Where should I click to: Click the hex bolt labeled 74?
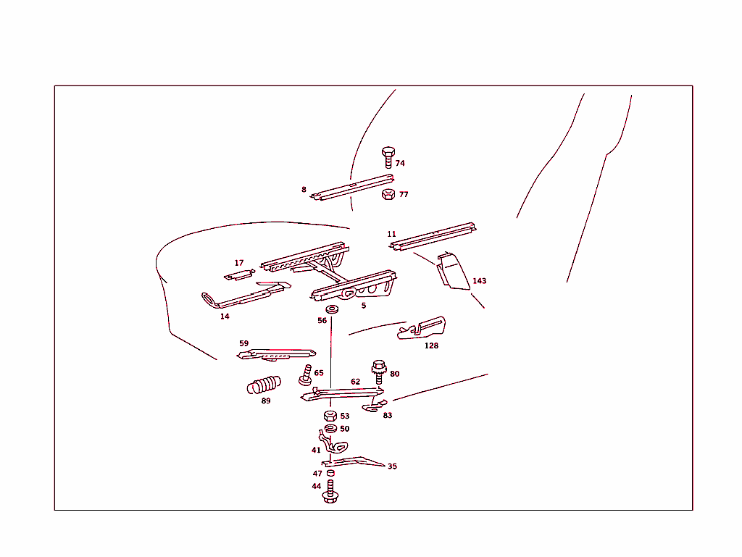point(388,157)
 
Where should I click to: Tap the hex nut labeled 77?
point(388,194)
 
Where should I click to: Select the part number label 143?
point(479,281)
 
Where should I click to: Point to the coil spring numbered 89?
point(264,385)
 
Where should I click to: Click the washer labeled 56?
point(332,310)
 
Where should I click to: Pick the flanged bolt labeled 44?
point(330,492)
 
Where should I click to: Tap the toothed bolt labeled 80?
point(379,372)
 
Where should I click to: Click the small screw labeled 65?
point(306,374)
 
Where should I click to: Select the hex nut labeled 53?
point(330,416)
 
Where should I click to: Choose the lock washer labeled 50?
point(330,429)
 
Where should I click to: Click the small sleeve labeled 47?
point(330,473)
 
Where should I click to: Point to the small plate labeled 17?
point(239,275)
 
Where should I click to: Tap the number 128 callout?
point(431,345)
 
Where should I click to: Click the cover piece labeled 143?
point(453,271)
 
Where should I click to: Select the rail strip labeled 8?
point(352,187)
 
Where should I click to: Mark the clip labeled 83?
point(375,406)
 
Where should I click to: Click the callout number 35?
point(392,466)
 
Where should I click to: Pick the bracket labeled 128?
point(422,329)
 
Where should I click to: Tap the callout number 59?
point(243,343)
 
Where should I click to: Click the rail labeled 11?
point(433,236)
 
